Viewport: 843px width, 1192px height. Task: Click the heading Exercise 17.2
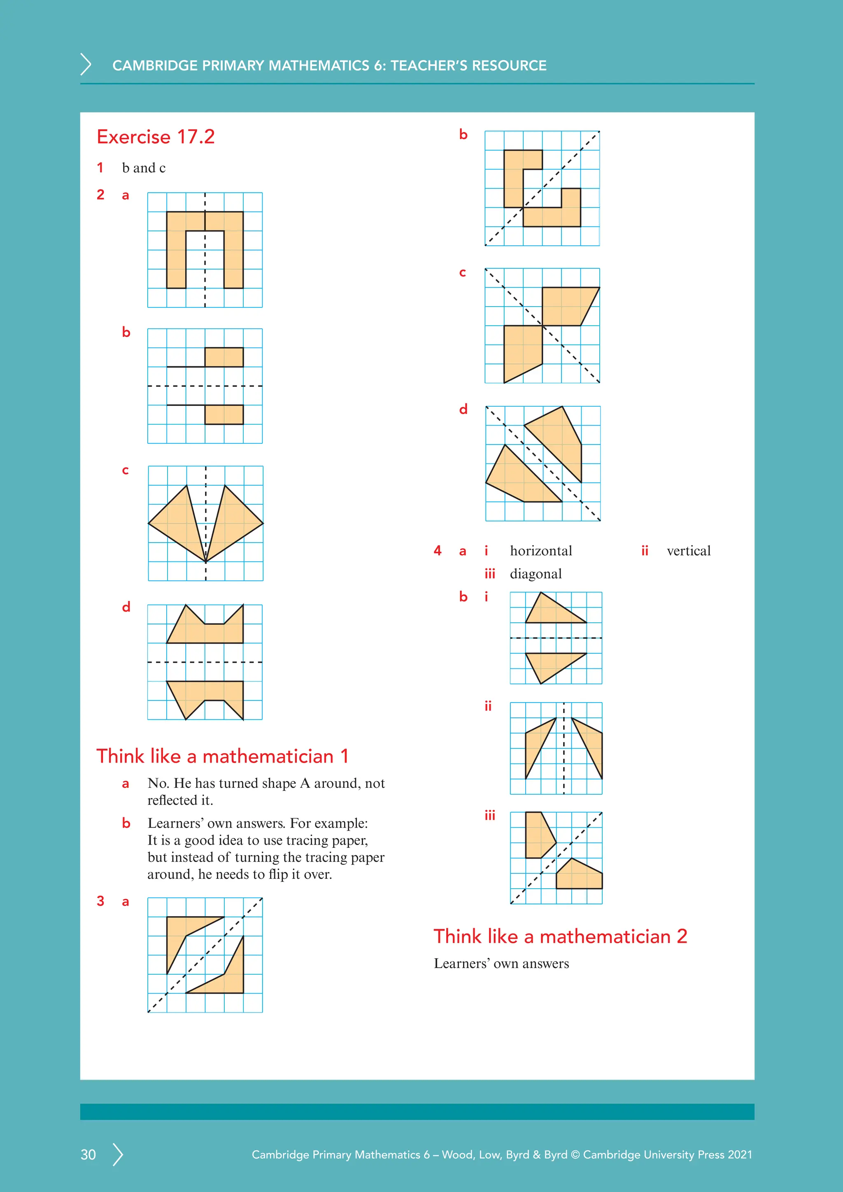[155, 137]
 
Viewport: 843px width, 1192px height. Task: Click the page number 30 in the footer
[88, 1154]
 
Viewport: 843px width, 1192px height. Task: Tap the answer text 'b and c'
[144, 168]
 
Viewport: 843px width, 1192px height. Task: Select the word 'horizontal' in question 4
[540, 550]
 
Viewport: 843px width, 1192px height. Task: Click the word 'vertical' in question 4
[688, 550]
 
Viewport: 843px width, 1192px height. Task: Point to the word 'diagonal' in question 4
[535, 574]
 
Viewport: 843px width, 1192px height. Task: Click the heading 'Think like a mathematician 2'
[560, 936]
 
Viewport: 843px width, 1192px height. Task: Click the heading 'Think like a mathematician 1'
[222, 756]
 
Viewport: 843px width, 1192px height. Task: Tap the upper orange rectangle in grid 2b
[224, 357]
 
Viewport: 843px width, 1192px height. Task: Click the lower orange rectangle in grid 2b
[224, 414]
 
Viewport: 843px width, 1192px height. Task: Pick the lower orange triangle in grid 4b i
[550, 664]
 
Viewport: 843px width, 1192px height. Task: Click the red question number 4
[437, 550]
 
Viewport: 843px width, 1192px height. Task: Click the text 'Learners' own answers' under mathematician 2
[501, 964]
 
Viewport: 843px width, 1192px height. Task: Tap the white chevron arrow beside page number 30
[119, 1154]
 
